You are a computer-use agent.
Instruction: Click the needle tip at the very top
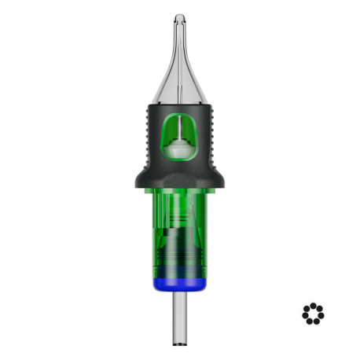(180, 17)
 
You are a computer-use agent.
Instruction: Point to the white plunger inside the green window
(180, 146)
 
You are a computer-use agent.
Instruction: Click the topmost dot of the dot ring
(313, 304)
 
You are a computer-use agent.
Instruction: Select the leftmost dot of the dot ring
(304, 313)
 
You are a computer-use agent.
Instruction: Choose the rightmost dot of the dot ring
(321, 313)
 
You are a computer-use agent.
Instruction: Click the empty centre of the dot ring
(313, 313)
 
